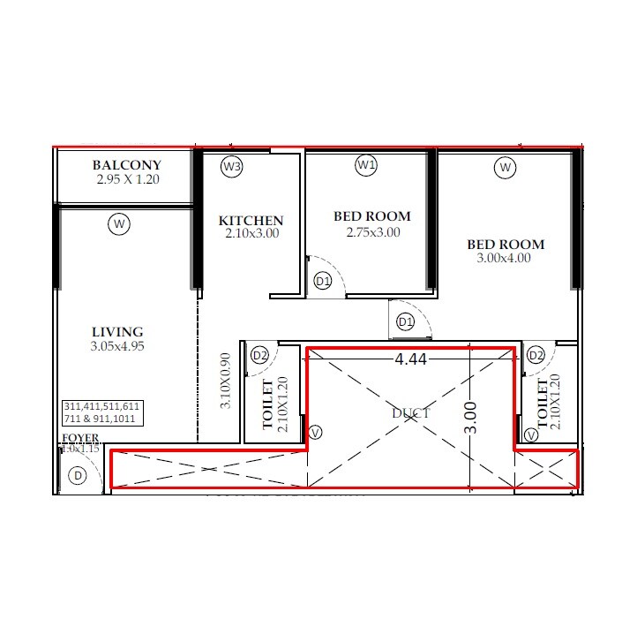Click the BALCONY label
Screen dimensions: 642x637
(x=127, y=165)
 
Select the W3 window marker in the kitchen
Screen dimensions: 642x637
(x=232, y=166)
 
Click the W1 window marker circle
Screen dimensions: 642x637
(x=366, y=165)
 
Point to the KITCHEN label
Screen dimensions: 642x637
(x=251, y=221)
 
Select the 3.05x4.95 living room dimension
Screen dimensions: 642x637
(x=117, y=346)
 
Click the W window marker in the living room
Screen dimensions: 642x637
(x=119, y=225)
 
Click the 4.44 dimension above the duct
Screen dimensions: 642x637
(x=411, y=359)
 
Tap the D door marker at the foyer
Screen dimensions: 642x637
(x=79, y=477)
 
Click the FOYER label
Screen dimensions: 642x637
(x=79, y=438)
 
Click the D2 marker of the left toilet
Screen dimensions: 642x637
(x=260, y=355)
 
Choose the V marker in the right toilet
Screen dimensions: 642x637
(x=531, y=435)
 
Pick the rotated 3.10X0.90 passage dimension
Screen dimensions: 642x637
(x=225, y=381)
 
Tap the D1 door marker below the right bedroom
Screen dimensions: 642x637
(x=405, y=322)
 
